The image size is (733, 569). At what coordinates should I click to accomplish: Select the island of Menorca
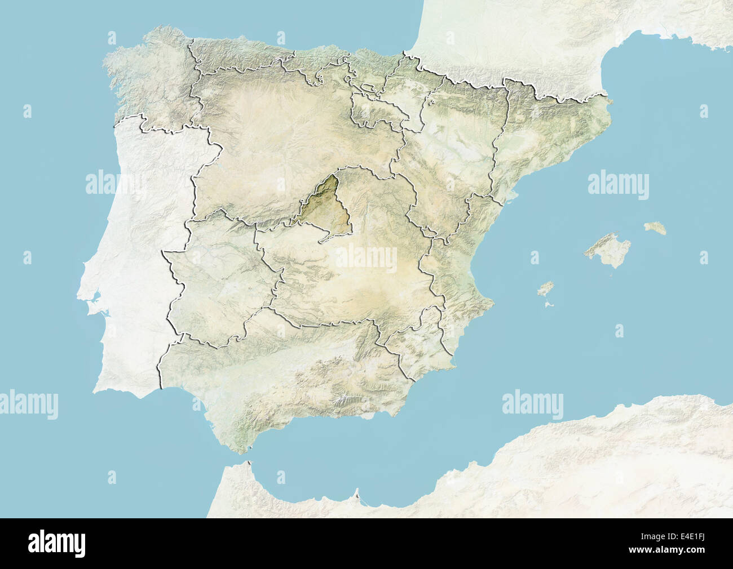[x=656, y=228]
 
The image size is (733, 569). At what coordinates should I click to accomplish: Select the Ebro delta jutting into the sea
[x=510, y=194]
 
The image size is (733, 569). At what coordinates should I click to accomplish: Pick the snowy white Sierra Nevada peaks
[x=341, y=401]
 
